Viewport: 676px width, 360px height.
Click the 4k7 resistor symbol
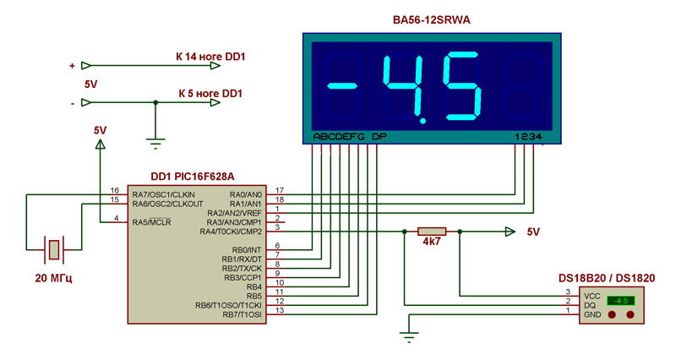(432, 231)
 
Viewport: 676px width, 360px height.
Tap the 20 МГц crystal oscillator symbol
(54, 249)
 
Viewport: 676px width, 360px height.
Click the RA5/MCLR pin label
(152, 221)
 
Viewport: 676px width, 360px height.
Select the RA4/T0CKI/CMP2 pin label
(231, 231)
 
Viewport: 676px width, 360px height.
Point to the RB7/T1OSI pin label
(243, 314)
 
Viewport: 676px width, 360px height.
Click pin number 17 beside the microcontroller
(279, 191)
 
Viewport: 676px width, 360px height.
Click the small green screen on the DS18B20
(624, 300)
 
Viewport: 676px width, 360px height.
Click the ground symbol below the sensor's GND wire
(409, 337)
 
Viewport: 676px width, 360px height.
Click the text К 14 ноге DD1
(210, 57)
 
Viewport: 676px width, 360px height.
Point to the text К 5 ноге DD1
(210, 93)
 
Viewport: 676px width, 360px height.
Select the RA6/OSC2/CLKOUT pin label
(168, 203)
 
